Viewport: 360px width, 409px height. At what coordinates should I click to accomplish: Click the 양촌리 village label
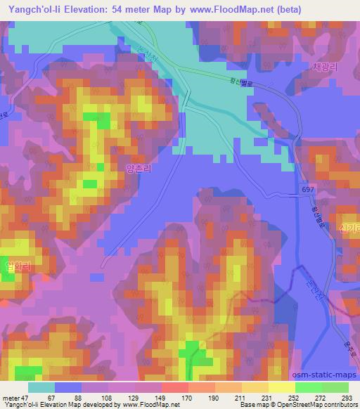click(x=138, y=169)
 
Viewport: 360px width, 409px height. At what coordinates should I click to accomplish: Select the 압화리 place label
click(x=18, y=268)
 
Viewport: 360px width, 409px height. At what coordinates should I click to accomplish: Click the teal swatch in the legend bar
click(x=41, y=387)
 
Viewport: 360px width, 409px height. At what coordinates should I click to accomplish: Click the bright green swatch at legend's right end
click(x=335, y=387)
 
